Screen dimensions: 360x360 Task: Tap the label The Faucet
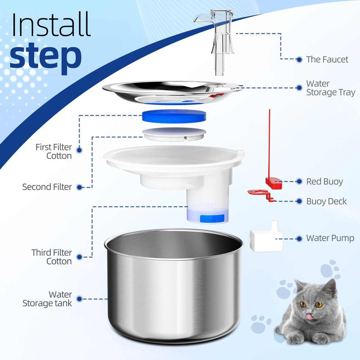[x=327, y=59]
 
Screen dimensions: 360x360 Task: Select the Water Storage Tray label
[x=330, y=88]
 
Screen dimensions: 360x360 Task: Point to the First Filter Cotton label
[x=54, y=152]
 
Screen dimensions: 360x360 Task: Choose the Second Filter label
[x=47, y=186]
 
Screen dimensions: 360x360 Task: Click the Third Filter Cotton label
[x=51, y=256]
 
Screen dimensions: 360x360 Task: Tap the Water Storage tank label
[x=47, y=298]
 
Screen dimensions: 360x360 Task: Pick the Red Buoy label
[x=324, y=181]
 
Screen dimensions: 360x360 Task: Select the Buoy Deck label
[x=327, y=201]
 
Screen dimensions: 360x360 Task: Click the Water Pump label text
[x=330, y=238]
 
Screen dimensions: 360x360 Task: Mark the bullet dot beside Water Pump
[x=299, y=238]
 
